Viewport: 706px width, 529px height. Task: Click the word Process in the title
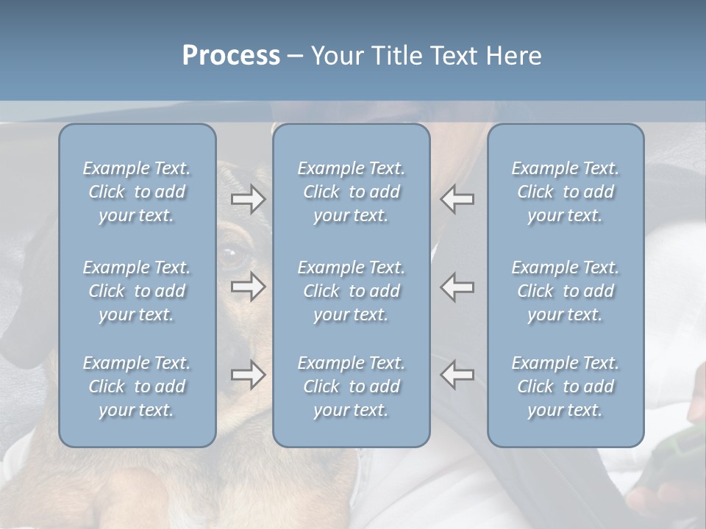(x=231, y=56)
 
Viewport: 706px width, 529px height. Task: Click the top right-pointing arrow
(x=248, y=199)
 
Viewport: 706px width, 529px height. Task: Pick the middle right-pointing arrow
(x=248, y=287)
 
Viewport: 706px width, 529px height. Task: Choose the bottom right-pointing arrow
(x=248, y=375)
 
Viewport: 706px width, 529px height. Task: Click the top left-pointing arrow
(x=457, y=199)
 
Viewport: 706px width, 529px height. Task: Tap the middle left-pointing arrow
(x=457, y=287)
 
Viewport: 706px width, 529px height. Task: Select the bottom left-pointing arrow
(x=457, y=375)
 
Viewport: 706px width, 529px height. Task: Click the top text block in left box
(x=137, y=192)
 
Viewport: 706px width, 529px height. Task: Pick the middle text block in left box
(x=137, y=291)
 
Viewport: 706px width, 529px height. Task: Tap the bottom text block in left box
(x=137, y=386)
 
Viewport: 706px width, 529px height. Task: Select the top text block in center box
(x=351, y=192)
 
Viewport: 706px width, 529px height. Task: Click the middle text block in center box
(x=351, y=291)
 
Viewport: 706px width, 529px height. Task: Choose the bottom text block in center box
(x=351, y=386)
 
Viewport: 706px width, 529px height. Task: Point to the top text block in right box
(x=565, y=192)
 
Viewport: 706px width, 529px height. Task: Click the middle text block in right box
(x=565, y=291)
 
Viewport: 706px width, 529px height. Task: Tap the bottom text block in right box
(x=565, y=386)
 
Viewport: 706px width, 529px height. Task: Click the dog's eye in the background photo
(x=231, y=256)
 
